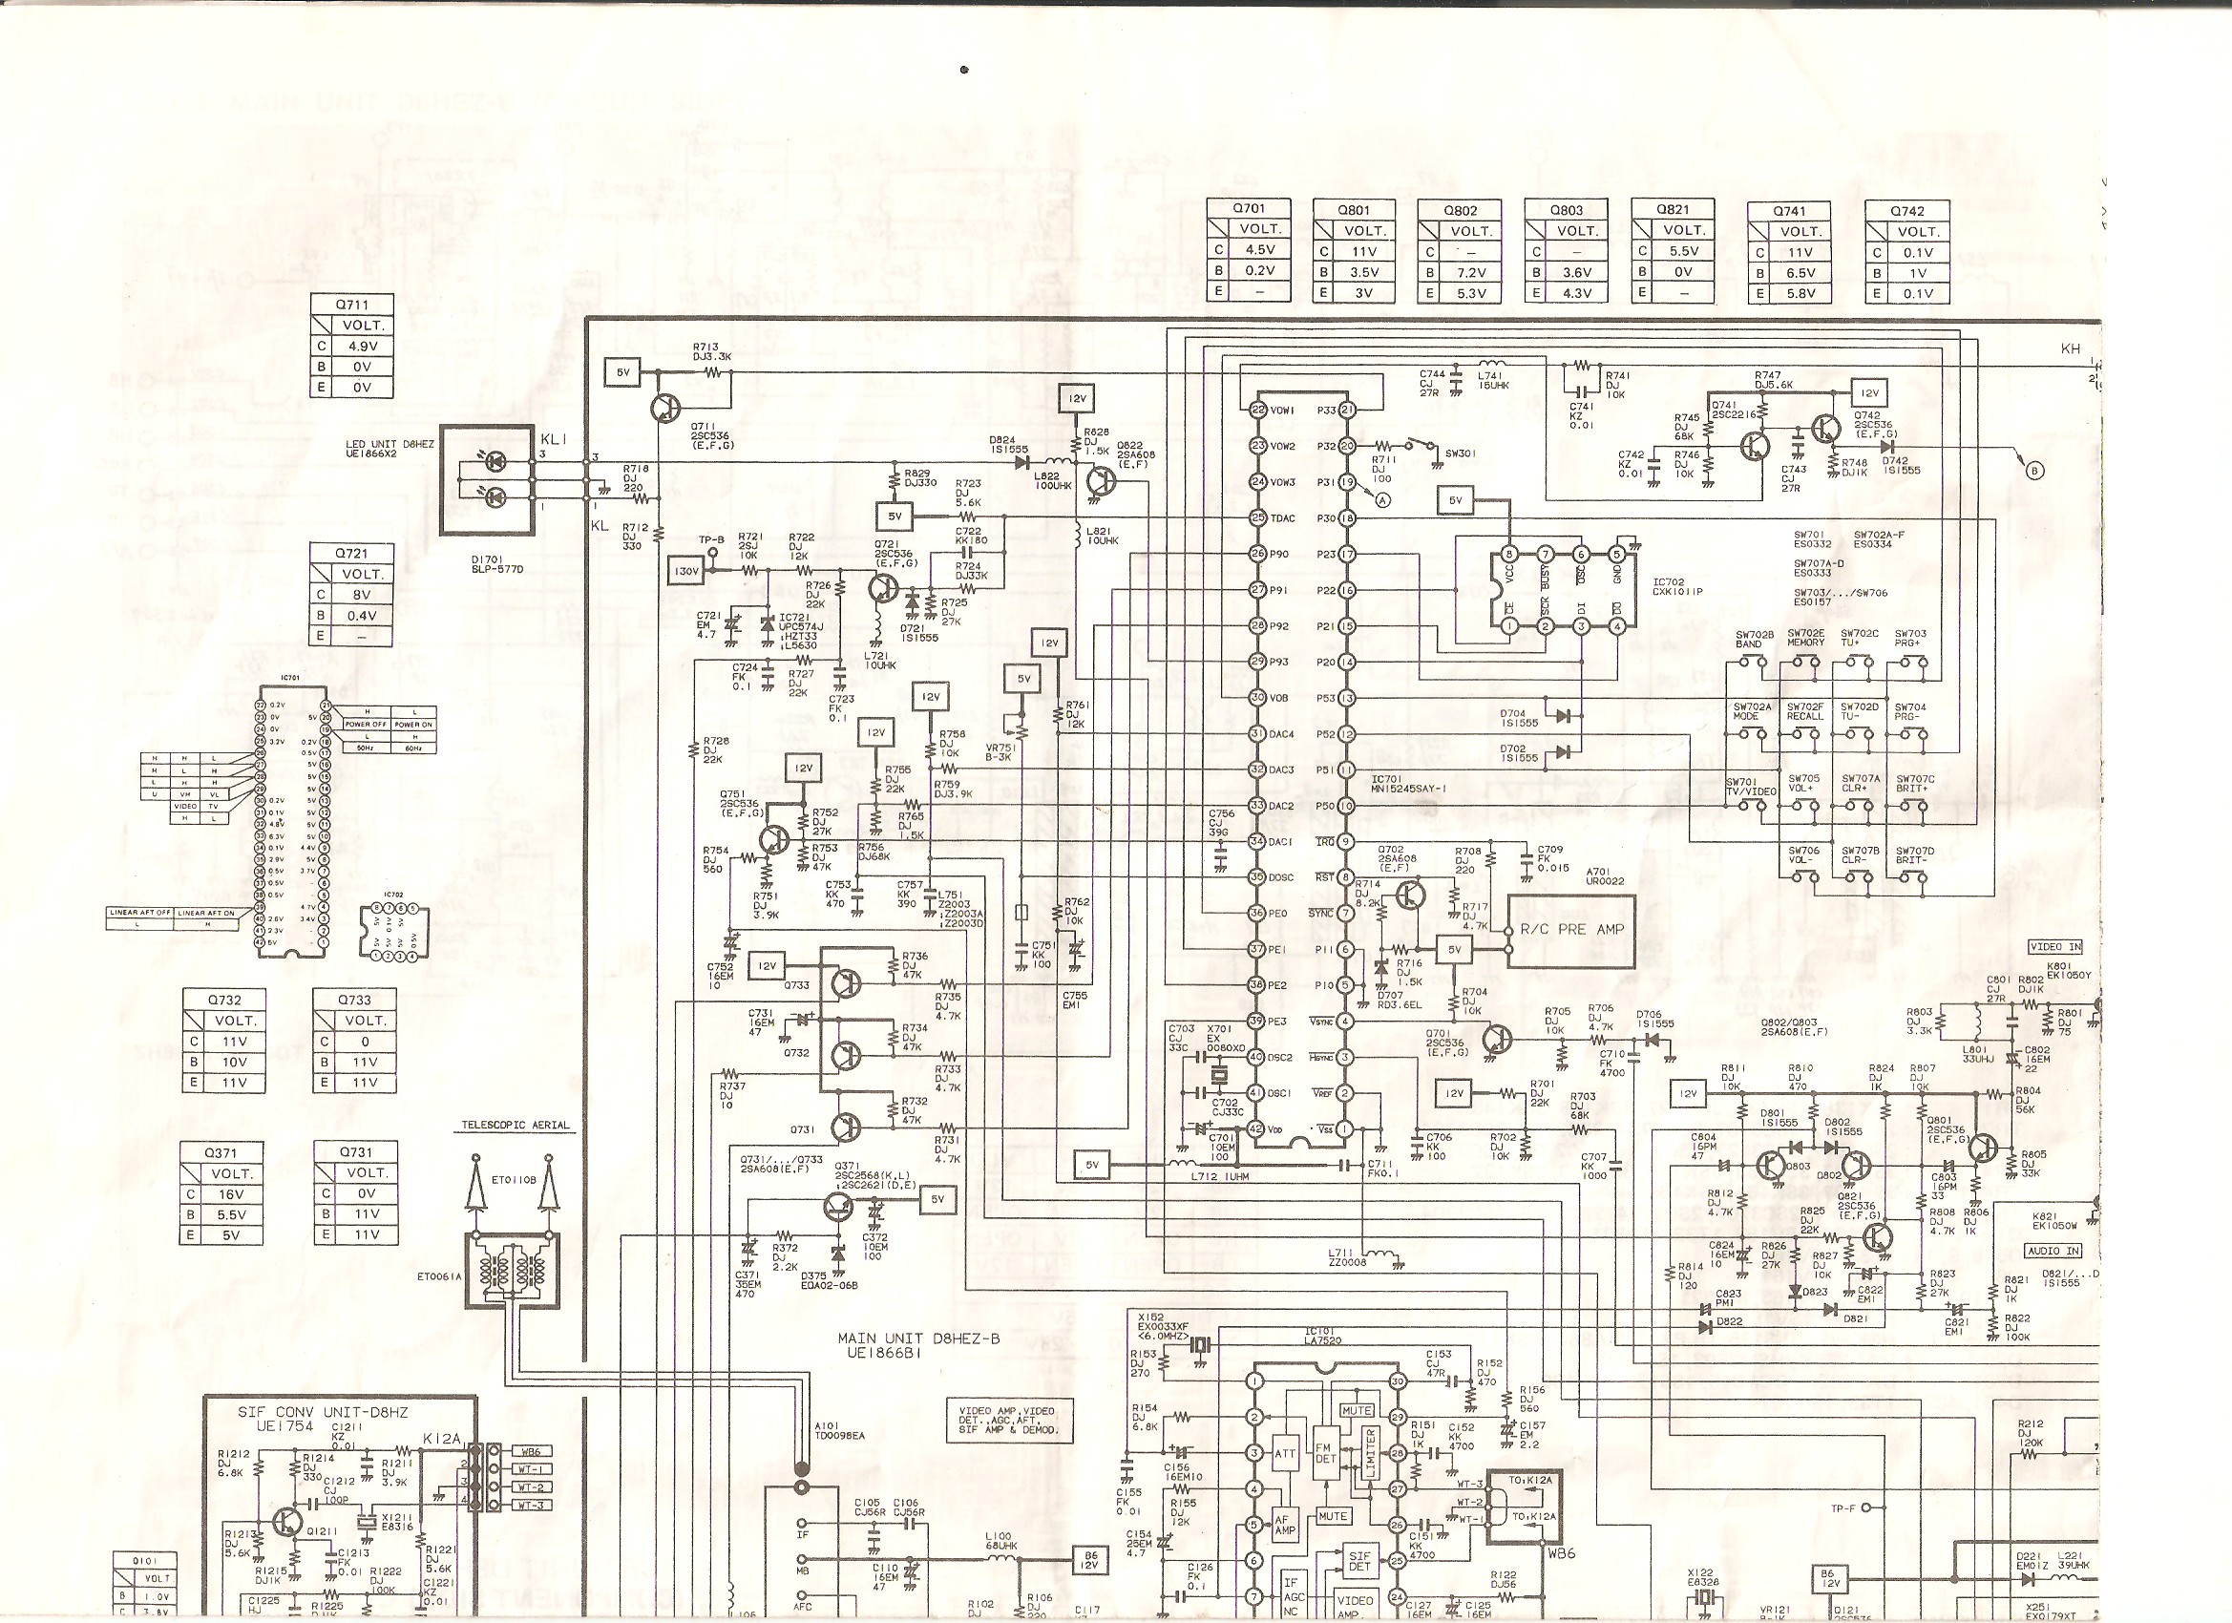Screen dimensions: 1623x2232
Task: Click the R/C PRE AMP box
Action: (x=1570, y=930)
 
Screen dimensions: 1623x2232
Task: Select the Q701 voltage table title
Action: (x=1248, y=209)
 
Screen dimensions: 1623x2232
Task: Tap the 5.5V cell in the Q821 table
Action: (x=1683, y=251)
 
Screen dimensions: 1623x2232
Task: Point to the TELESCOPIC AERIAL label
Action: (x=516, y=1125)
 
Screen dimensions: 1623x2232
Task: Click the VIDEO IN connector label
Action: (x=2054, y=947)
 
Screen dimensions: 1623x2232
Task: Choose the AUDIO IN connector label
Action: (x=2053, y=1251)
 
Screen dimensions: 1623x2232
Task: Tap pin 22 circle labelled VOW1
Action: (x=1257, y=410)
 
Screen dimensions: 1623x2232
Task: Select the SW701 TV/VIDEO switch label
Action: (x=1751, y=788)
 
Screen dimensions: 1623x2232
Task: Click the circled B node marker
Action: (x=2034, y=471)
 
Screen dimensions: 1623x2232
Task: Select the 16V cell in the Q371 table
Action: (x=231, y=1194)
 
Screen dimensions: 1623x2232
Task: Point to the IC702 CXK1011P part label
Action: (x=1678, y=586)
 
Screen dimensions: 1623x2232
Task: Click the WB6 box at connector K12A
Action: (x=531, y=1452)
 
